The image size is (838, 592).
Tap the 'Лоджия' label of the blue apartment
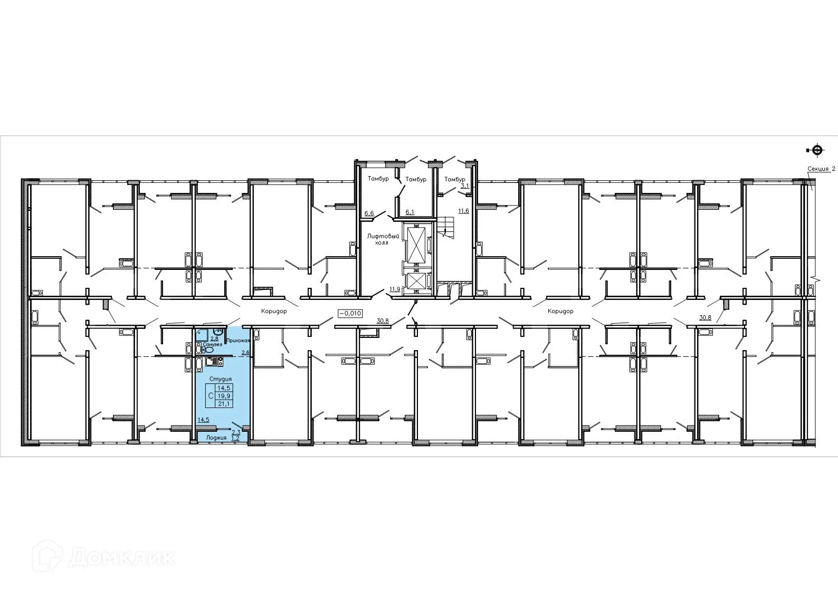coord(216,438)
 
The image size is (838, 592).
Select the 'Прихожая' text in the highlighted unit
coord(237,342)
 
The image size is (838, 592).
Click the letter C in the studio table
coord(211,396)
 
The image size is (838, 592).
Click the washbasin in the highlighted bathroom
coord(217,331)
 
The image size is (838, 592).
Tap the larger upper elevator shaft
coord(416,244)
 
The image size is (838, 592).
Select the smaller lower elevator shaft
coord(416,281)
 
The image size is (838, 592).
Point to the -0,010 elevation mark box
coord(349,313)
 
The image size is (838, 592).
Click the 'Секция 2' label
coord(822,169)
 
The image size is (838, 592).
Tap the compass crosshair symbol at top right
coord(817,150)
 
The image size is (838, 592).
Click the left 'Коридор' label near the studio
coord(274,311)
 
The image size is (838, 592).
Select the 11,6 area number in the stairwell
coord(463,211)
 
